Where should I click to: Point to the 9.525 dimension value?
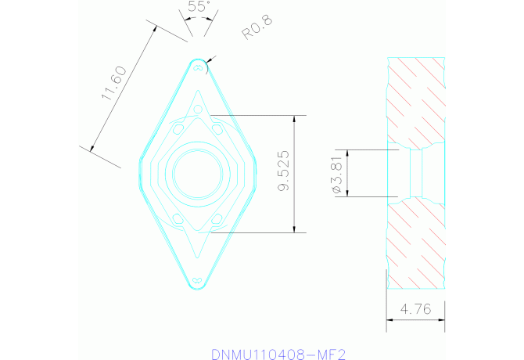coord(285,171)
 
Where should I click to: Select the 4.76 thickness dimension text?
coord(415,310)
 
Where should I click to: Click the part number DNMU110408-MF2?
coord(278,354)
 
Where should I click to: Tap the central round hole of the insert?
coord(198,173)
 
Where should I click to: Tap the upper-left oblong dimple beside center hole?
coord(178,127)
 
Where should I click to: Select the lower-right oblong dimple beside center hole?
coord(218,220)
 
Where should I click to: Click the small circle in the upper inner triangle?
coord(198,107)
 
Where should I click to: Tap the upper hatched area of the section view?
coord(416,98)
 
